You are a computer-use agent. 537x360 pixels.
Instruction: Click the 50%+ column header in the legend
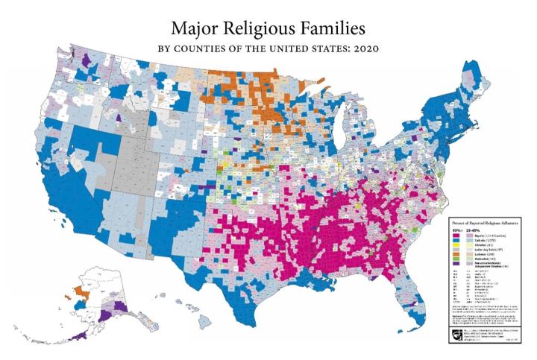(457, 230)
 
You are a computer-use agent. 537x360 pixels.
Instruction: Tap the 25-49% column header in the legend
(471, 230)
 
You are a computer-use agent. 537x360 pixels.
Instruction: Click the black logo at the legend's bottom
(457, 322)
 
